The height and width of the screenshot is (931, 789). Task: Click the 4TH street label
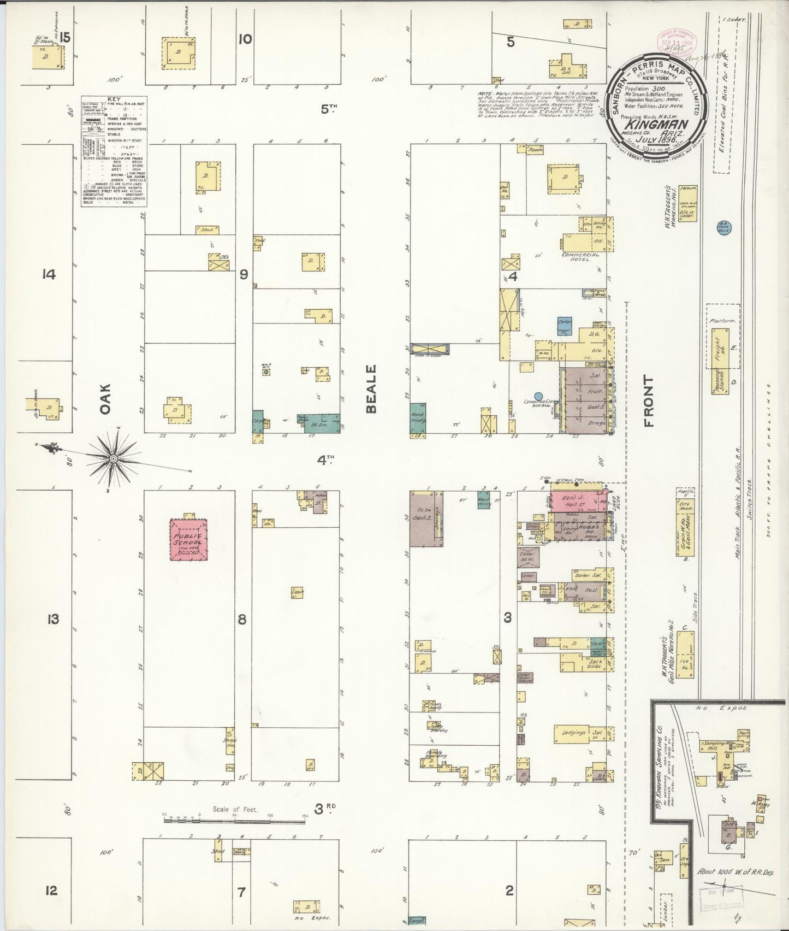click(x=325, y=461)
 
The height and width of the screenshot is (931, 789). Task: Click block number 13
click(x=52, y=620)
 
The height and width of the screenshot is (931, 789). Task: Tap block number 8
click(x=242, y=620)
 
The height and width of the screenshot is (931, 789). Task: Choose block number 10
click(x=245, y=39)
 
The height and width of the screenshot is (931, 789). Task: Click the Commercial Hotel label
click(x=580, y=257)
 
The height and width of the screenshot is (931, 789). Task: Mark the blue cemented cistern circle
click(x=539, y=396)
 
